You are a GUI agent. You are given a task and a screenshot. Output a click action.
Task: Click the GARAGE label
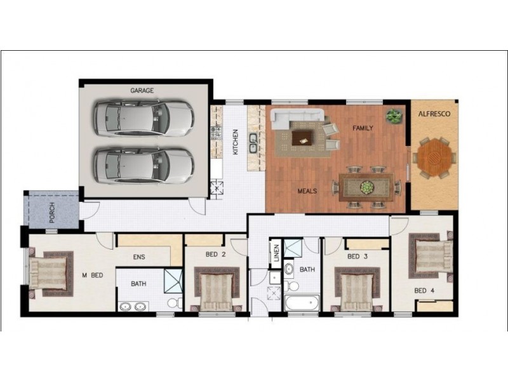click(x=142, y=91)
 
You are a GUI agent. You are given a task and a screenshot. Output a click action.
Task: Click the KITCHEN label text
click(x=235, y=142)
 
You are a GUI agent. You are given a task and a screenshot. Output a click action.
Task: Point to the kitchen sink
click(x=253, y=144)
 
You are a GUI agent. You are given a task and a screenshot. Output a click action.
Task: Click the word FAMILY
click(x=363, y=128)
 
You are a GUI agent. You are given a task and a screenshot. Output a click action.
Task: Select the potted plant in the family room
click(x=394, y=116)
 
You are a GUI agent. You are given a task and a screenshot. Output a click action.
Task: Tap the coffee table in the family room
click(x=302, y=137)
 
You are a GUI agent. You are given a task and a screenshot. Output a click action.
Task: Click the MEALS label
click(x=307, y=190)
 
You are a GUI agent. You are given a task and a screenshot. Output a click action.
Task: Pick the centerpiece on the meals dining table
click(x=366, y=187)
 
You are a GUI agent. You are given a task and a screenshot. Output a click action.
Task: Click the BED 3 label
click(x=358, y=257)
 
